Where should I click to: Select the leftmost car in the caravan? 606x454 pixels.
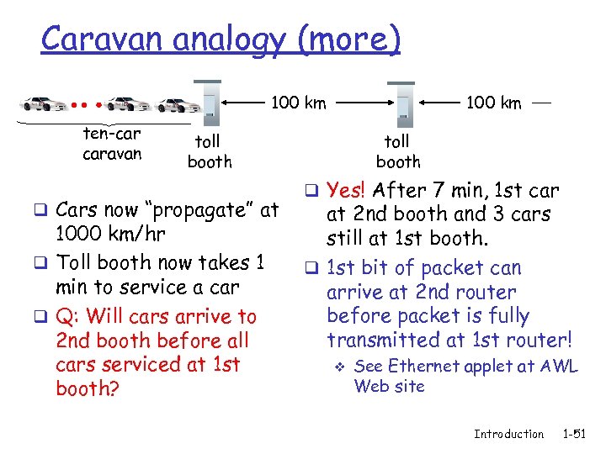45,104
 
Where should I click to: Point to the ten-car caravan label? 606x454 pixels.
112,144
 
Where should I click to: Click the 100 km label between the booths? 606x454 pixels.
298,103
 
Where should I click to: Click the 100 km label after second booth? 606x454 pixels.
494,103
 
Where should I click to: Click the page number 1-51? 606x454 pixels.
575,434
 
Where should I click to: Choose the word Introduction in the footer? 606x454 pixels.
508,434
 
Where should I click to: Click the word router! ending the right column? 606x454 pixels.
534,340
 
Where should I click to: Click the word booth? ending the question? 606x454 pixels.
85,388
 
